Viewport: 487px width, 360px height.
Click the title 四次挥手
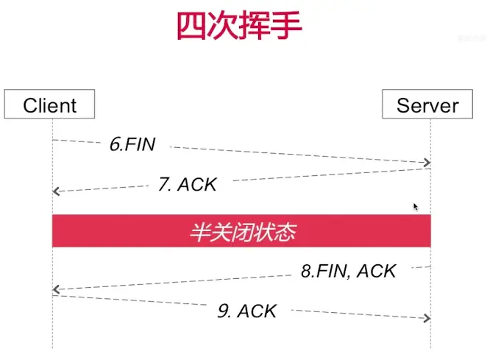pos(239,27)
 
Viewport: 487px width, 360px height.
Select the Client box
pos(50,105)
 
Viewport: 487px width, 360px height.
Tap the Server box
pos(427,105)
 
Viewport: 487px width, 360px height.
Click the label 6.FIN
pos(132,144)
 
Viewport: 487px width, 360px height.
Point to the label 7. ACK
pos(188,184)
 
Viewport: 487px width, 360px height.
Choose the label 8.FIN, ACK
pos(349,271)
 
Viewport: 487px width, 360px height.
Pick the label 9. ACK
pos(247,311)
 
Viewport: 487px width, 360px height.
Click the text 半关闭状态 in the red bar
pos(242,233)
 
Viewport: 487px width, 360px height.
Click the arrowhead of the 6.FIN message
pos(426,163)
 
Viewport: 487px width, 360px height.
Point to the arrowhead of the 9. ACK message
pos(426,317)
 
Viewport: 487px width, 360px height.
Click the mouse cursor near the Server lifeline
pos(416,208)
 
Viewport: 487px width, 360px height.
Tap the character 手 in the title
pos(286,27)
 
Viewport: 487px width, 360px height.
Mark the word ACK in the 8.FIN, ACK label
pos(376,271)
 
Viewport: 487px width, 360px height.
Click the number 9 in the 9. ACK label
pos(221,311)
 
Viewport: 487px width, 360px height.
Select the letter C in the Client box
pos(30,105)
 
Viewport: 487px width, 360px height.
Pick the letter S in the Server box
pos(402,105)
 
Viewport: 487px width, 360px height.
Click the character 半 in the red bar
pos(199,233)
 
